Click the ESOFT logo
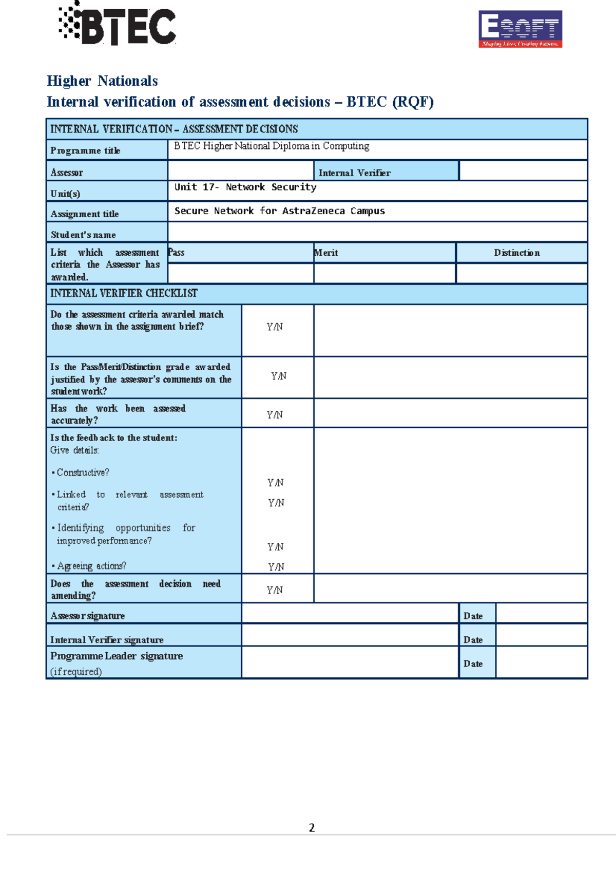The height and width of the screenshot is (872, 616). pos(520,29)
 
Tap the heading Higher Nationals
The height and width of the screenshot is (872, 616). pos(102,81)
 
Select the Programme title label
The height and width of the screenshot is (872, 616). pos(85,150)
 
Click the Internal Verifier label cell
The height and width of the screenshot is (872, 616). pos(355,173)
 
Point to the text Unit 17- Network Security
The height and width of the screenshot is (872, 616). pos(245,187)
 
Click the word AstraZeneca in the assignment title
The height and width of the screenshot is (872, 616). pos(313,211)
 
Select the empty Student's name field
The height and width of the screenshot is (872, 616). pos(377,232)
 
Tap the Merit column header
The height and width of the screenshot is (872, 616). pos(326,253)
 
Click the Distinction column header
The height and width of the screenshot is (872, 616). pos(516,253)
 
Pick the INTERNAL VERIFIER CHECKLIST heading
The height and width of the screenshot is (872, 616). pos(124,293)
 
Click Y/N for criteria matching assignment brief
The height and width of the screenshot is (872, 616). pos(275,327)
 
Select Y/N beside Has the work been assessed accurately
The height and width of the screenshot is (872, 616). pos(275,415)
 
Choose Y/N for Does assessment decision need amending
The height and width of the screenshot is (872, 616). pos(275,590)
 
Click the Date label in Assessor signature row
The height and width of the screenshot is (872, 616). pos(473,616)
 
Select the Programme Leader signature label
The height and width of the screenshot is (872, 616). pos(117,656)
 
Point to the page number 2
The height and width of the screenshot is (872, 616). pos(312,827)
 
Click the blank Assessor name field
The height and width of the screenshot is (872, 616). pos(240,170)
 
